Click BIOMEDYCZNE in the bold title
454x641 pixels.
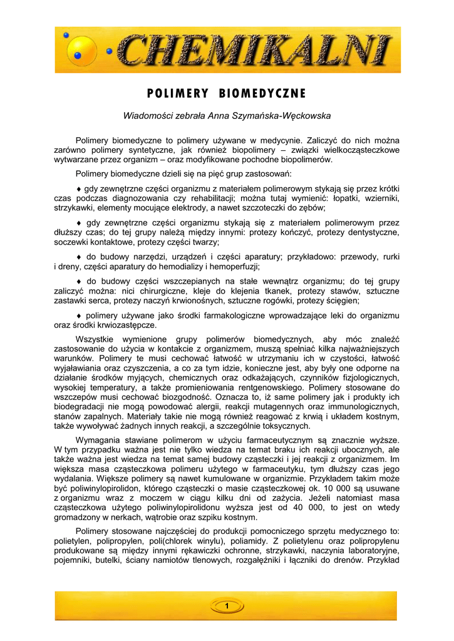(x=262, y=94)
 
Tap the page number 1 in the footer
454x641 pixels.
(x=226, y=606)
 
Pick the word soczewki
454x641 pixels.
(x=72, y=242)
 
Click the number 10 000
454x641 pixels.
(x=322, y=489)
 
